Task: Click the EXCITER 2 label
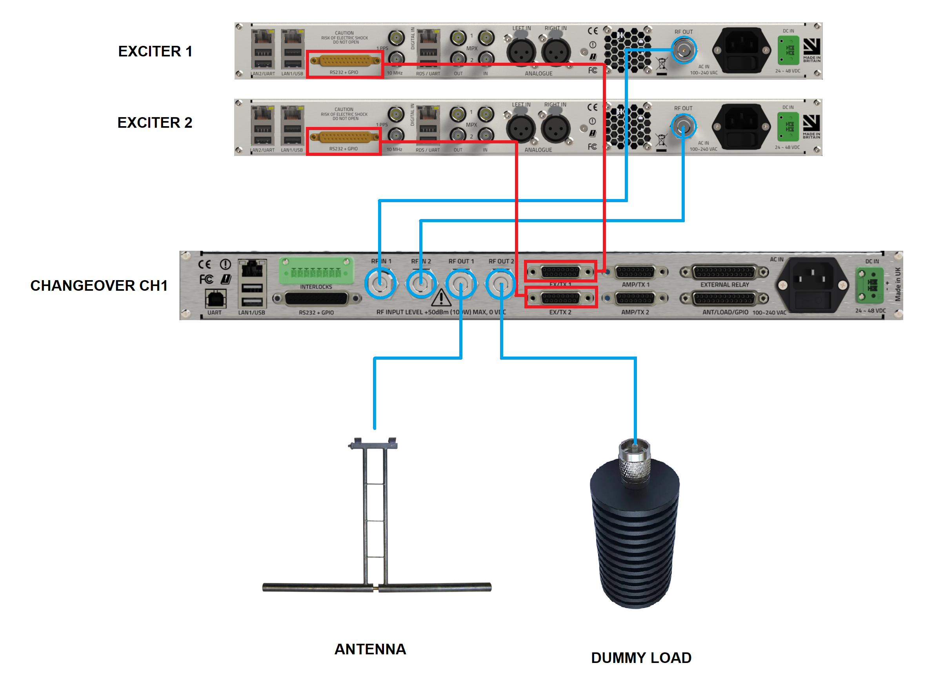click(155, 123)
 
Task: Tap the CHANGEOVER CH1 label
click(99, 286)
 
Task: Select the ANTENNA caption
click(370, 649)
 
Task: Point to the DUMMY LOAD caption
click(641, 657)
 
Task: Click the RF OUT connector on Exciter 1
click(684, 50)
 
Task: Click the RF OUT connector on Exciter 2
click(683, 126)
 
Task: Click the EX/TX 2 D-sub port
click(560, 298)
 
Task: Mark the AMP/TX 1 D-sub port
click(635, 272)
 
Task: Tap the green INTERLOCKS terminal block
click(316, 271)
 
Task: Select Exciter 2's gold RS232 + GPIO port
click(344, 137)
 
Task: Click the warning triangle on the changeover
click(441, 298)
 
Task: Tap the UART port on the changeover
click(215, 299)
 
